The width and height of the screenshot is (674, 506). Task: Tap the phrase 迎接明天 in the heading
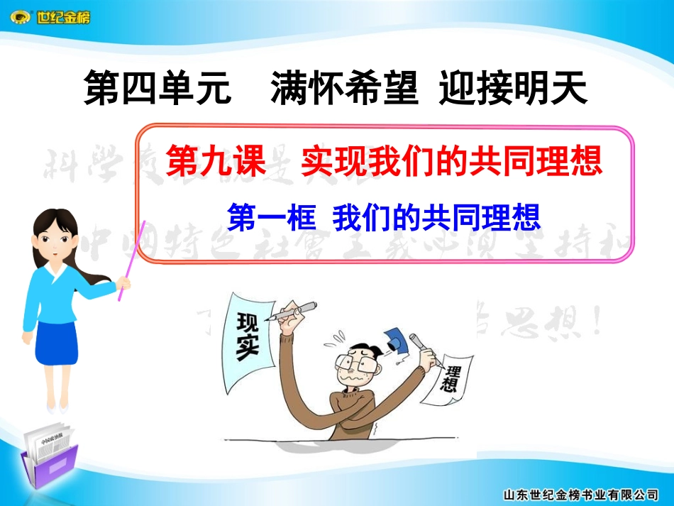[x=514, y=90]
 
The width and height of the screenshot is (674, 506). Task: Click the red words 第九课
[x=215, y=161]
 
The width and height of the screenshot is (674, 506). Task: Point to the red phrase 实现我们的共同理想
[x=452, y=161]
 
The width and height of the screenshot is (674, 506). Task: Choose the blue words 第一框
[x=271, y=216]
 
